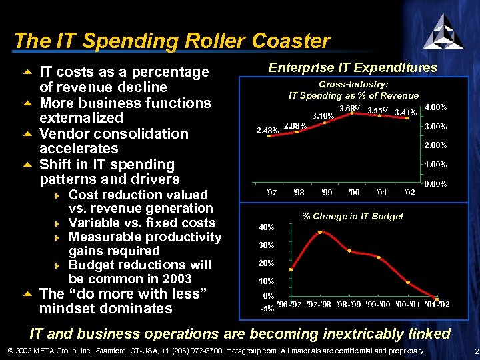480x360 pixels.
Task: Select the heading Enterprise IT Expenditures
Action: click(352, 67)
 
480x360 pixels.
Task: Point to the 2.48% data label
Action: click(267, 130)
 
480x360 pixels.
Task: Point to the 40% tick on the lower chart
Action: click(266, 227)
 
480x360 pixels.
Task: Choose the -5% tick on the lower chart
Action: click(267, 309)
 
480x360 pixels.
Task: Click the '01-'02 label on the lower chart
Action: click(437, 305)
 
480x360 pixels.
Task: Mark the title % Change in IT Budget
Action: click(353, 215)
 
